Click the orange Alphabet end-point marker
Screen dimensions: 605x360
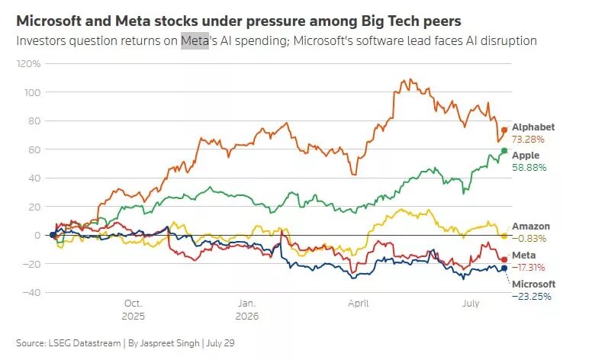coord(504,130)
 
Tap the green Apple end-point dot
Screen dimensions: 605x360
coord(504,151)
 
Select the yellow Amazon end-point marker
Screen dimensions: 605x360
coord(504,236)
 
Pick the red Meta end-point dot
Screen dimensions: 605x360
coord(504,259)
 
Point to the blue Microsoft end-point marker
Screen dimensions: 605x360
coord(504,268)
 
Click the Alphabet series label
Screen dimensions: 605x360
coord(533,127)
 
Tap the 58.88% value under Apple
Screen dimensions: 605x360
coord(529,168)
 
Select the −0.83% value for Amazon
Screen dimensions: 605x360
coord(529,239)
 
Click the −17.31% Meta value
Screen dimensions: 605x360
coord(528,268)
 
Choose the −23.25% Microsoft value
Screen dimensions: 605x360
coord(531,297)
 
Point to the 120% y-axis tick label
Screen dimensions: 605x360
coord(28,63)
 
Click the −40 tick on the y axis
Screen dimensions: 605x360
coord(31,292)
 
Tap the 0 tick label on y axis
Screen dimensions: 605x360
coord(37,235)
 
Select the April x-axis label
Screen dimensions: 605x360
coord(359,304)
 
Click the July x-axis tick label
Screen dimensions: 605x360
coord(471,304)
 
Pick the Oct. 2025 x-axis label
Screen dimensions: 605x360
coord(133,310)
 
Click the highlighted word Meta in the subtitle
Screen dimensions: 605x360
coord(195,41)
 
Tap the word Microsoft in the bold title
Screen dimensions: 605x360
coord(48,21)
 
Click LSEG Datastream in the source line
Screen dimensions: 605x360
coord(85,343)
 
